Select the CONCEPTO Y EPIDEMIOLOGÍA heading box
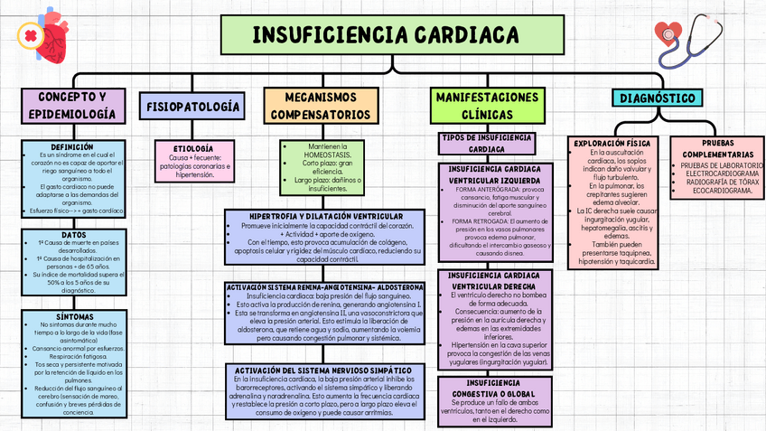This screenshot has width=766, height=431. click(71, 106)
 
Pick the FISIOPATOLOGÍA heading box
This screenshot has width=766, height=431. click(192, 107)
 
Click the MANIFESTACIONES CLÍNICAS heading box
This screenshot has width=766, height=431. click(487, 106)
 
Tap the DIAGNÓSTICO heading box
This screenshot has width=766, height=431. click(658, 98)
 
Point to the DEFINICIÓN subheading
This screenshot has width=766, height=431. click(71, 146)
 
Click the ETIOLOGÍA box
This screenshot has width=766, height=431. click(191, 147)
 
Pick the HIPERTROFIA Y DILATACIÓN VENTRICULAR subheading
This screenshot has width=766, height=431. click(326, 216)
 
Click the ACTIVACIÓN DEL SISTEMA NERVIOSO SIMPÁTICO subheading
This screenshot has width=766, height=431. click(324, 370)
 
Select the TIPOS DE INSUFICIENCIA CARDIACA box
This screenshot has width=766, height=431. click(487, 143)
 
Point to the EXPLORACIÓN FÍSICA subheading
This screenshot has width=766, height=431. click(612, 143)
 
